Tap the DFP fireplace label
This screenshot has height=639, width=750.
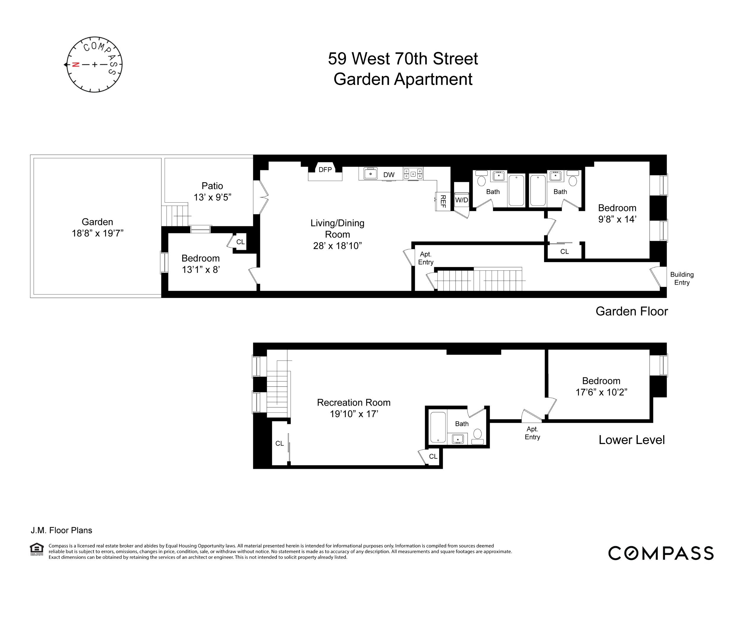click(325, 170)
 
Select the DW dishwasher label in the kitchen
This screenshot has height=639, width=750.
click(389, 175)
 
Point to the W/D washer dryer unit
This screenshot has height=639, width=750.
click(461, 200)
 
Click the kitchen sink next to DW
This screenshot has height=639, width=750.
click(370, 174)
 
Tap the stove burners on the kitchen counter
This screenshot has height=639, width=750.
click(413, 174)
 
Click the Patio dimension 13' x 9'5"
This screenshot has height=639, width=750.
click(212, 197)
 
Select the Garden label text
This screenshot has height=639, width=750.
click(97, 222)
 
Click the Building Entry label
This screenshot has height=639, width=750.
click(682, 279)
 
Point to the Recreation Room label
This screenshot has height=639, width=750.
click(353, 402)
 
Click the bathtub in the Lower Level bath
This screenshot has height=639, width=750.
click(438, 427)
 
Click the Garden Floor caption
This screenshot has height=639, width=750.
click(631, 312)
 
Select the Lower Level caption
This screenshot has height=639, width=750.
click(631, 440)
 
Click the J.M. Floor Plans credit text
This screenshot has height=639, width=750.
click(61, 530)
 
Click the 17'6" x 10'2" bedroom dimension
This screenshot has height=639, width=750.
click(601, 392)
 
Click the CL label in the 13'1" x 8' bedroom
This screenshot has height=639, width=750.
click(240, 242)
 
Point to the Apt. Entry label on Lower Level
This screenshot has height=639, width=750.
click(532, 433)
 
